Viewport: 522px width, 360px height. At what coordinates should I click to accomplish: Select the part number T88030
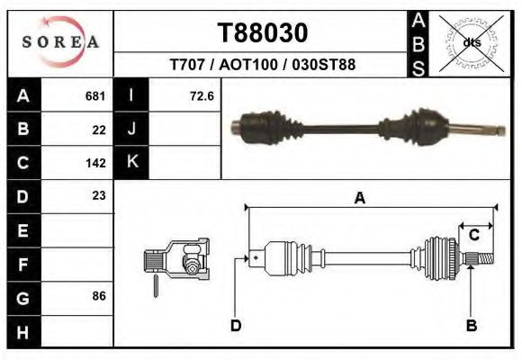[263, 33]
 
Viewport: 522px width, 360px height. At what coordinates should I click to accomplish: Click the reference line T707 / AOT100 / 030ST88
[262, 65]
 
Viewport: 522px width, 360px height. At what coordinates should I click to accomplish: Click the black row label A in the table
[23, 95]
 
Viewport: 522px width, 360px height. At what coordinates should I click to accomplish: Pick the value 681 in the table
[95, 95]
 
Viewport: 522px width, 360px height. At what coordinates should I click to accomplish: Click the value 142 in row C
[95, 163]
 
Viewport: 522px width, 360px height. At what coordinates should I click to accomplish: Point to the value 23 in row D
[99, 195]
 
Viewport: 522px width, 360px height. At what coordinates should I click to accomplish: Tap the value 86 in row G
[99, 296]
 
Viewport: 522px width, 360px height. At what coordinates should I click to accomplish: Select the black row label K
[132, 162]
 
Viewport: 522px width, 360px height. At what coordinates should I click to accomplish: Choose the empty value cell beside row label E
[79, 229]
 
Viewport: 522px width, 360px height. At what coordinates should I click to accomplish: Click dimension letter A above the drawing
[359, 199]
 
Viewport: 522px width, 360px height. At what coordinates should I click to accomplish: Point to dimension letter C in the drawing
[473, 235]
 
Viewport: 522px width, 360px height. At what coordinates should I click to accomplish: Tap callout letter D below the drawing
[236, 325]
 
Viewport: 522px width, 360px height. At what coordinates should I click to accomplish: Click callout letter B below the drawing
[471, 325]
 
